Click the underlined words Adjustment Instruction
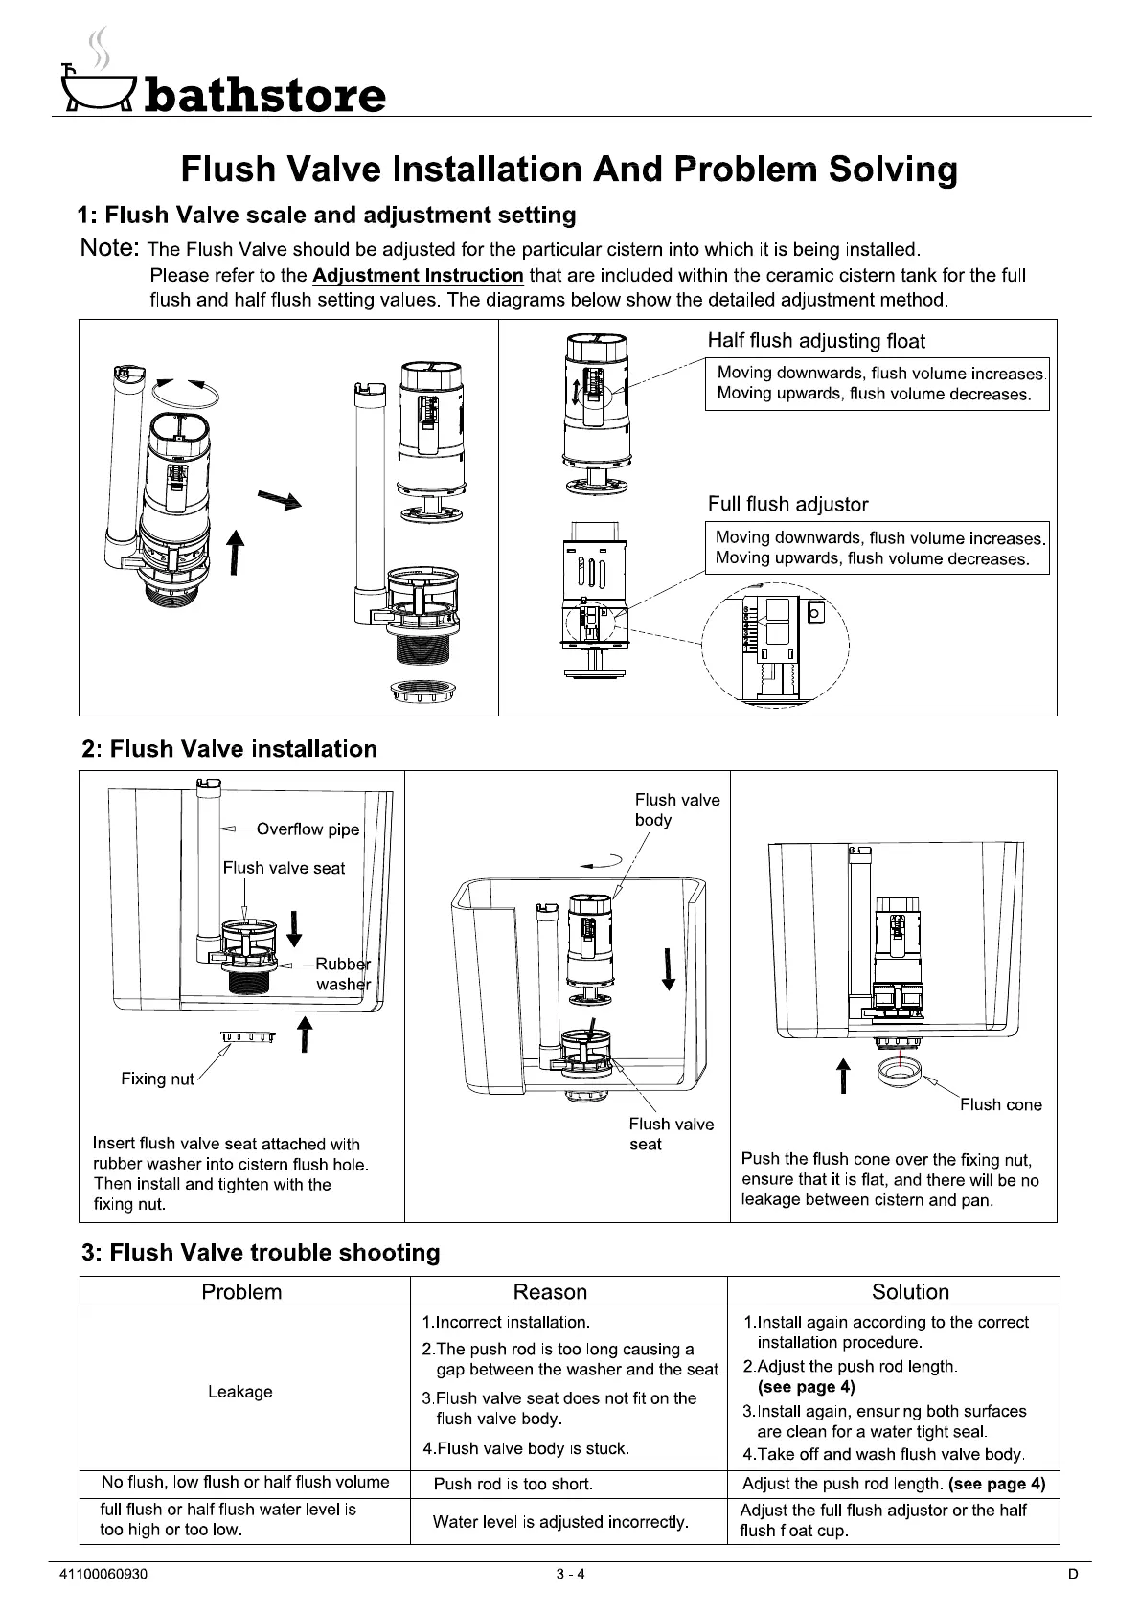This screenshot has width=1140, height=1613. (x=418, y=276)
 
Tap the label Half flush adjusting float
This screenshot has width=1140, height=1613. (x=815, y=341)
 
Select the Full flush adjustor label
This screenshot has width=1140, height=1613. (x=787, y=504)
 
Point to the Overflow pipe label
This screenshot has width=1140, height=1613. (x=308, y=829)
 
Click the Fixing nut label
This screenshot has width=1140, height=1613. (x=157, y=1079)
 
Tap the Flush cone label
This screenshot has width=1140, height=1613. (x=1000, y=1104)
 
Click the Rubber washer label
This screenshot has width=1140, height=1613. (x=343, y=974)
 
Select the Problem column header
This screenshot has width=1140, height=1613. (x=241, y=1292)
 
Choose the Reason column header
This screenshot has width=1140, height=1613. (x=550, y=1292)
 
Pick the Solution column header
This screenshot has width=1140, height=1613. (x=910, y=1292)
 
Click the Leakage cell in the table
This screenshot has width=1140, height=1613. (x=240, y=1392)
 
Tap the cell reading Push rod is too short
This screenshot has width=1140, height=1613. (x=513, y=1485)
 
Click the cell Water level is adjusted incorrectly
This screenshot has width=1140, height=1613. (x=560, y=1522)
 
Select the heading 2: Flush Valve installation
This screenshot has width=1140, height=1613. (x=230, y=749)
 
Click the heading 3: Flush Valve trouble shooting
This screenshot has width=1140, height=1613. (x=261, y=1253)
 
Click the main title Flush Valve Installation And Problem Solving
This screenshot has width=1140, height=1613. (x=569, y=170)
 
